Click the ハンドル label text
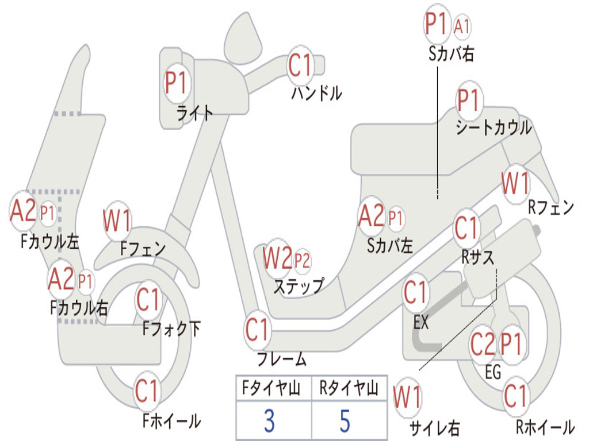(x=317, y=92)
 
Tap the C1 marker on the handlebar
(x=300, y=65)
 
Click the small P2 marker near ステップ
(x=302, y=261)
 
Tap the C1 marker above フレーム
(x=258, y=330)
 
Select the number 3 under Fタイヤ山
(x=269, y=421)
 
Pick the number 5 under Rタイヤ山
(x=345, y=421)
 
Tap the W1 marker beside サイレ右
(x=407, y=398)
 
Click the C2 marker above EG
(x=482, y=344)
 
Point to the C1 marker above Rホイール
(x=515, y=396)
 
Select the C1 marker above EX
(x=415, y=293)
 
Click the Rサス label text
(x=478, y=258)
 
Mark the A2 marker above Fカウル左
(x=23, y=211)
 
